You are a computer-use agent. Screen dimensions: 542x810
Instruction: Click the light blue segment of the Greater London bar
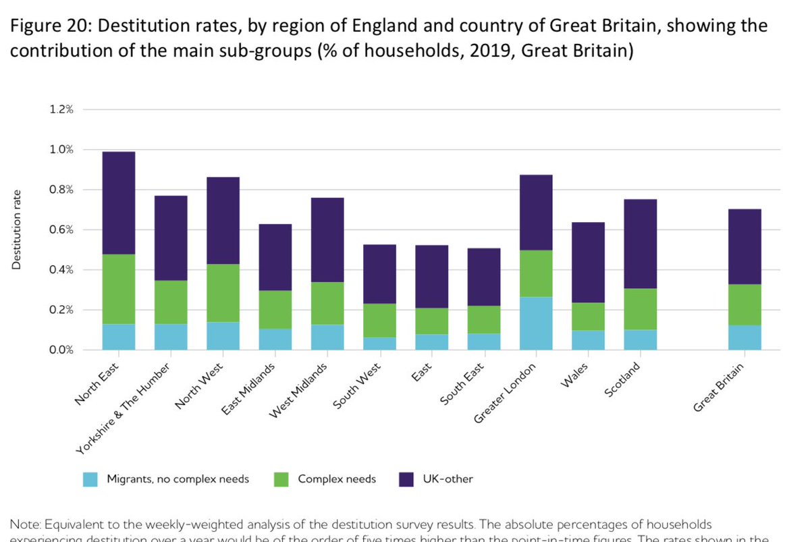tap(536, 323)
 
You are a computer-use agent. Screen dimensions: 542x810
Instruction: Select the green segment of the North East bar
tap(119, 289)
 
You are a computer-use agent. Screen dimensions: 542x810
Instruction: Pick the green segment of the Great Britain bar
tap(745, 304)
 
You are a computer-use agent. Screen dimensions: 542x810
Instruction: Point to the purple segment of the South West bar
tap(379, 274)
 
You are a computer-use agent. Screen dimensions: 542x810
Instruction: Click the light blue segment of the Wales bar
tap(588, 340)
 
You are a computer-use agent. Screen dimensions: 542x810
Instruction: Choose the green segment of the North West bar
tap(223, 293)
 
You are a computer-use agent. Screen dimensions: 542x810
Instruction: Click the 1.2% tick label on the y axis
tap(61, 109)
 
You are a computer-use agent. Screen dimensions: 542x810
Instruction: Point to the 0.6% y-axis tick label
tap(61, 229)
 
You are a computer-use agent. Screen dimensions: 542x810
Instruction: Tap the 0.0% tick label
tap(61, 350)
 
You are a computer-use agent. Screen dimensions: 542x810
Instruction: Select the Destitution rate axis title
tap(17, 229)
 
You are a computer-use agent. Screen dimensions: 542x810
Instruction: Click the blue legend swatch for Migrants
tap(90, 479)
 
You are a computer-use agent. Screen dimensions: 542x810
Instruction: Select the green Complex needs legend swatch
tap(281, 479)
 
